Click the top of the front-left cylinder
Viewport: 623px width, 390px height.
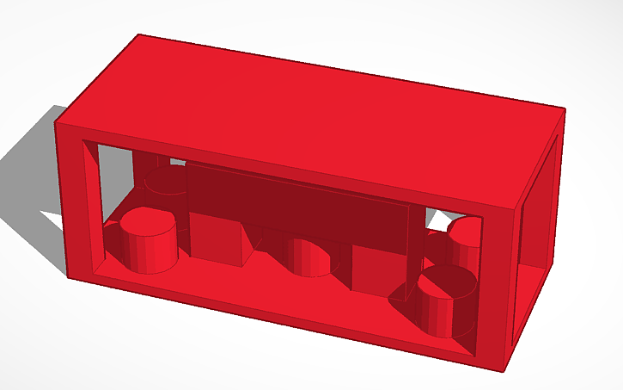pyautogui.click(x=148, y=223)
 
